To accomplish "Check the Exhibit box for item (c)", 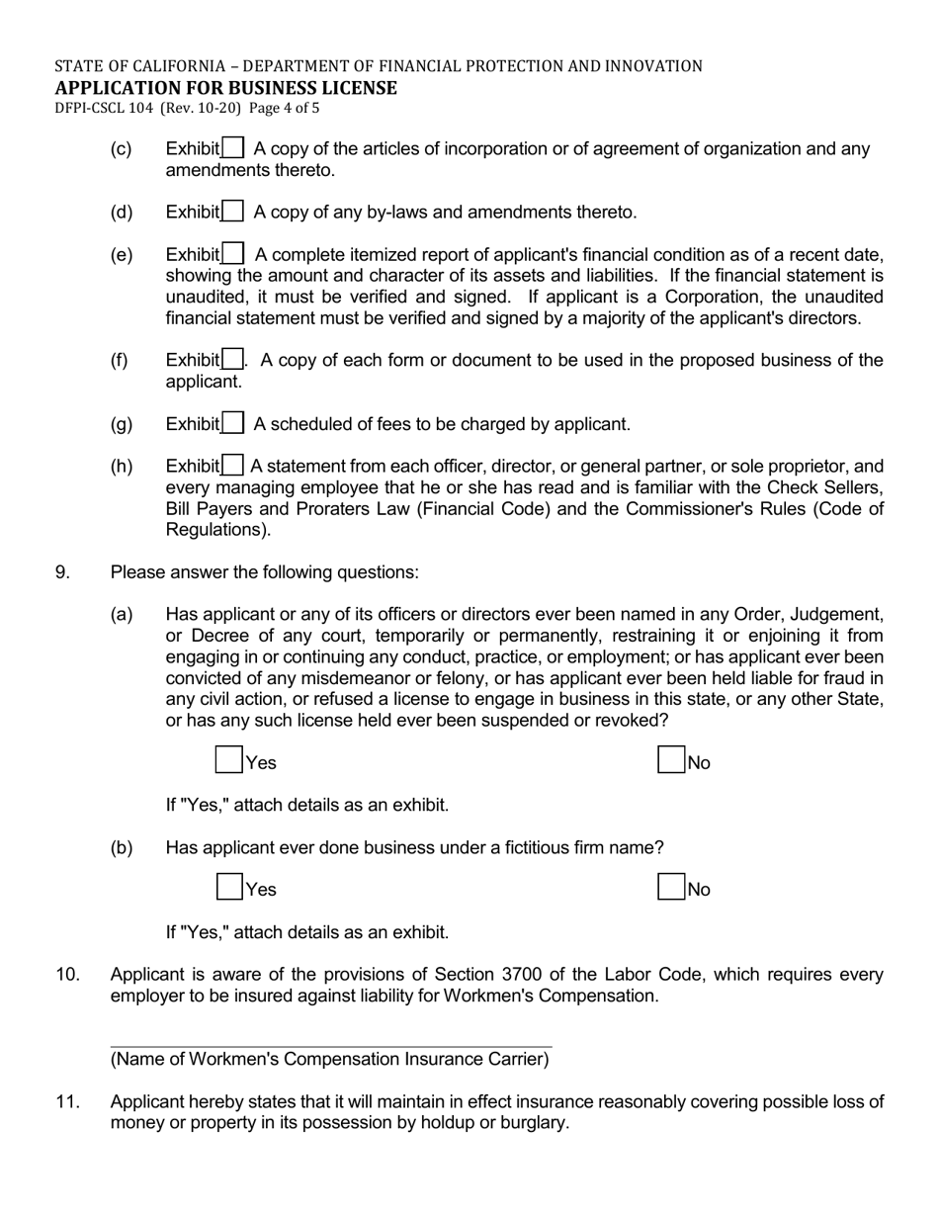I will (x=233, y=148).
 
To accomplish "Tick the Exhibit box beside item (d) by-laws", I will (x=233, y=212).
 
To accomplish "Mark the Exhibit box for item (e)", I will (x=233, y=254).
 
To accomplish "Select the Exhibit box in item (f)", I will (x=233, y=360).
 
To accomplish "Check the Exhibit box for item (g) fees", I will (x=233, y=424).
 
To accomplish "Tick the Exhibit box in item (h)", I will (x=233, y=466).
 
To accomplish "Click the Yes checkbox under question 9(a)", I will (x=229, y=760).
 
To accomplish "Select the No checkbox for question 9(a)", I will (x=671, y=760).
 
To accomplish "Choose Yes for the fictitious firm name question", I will (x=229, y=887).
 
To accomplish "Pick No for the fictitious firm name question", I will (x=671, y=887).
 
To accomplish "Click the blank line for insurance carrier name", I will (x=330, y=1038).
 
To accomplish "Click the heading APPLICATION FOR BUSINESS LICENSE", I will (x=225, y=88).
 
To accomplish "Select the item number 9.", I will (x=62, y=572).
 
